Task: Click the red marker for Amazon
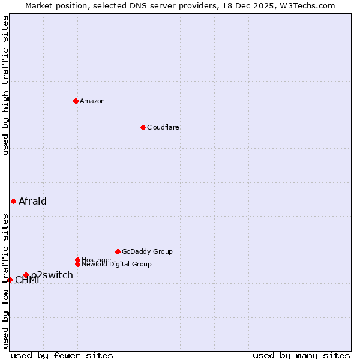click(76, 101)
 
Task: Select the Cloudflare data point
click(143, 127)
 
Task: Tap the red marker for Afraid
click(13, 201)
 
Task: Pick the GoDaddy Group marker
click(118, 251)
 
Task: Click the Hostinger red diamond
click(77, 260)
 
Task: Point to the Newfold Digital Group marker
click(77, 264)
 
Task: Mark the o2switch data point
click(26, 275)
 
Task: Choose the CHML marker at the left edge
click(10, 280)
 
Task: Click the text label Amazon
click(92, 101)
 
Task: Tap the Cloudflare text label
click(163, 127)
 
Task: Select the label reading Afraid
click(32, 201)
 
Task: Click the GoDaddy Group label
click(147, 251)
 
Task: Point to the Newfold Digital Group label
click(116, 264)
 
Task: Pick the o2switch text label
click(53, 275)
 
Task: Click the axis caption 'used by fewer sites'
click(62, 355)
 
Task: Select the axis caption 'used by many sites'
click(301, 355)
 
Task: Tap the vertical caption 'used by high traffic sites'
click(5, 85)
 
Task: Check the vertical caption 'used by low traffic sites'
click(5, 281)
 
